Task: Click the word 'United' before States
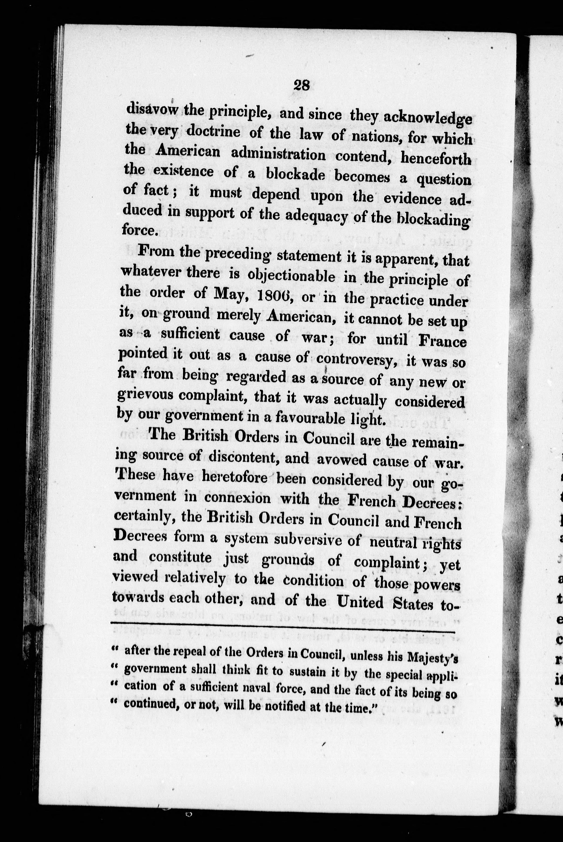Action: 361,602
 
